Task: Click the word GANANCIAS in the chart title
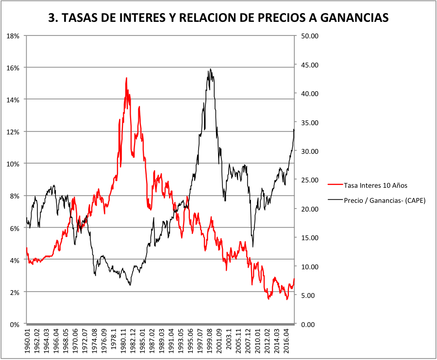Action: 348,17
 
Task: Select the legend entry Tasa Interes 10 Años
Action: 375,185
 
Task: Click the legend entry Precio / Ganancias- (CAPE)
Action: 384,200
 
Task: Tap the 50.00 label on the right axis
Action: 309,36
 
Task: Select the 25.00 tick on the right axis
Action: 309,180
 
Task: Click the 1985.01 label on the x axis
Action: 142,342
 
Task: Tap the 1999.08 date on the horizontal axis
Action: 210,342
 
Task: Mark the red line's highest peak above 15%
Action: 126,78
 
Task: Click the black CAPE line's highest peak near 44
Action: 210,69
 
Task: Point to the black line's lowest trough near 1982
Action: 130,285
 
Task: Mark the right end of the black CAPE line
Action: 294,129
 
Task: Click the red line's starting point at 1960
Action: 27,248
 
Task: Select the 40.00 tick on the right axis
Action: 309,94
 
